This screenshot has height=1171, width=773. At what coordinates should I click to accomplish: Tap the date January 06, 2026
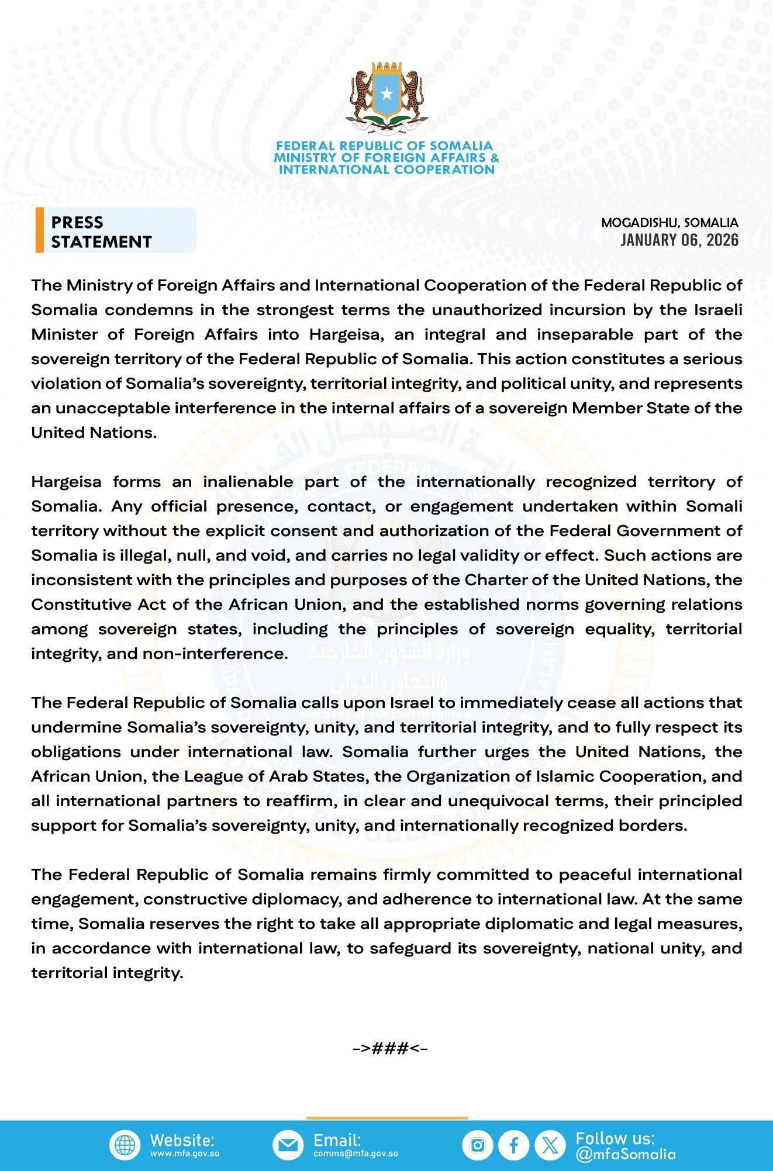[679, 240]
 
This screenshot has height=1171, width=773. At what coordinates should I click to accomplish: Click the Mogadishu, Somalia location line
[670, 223]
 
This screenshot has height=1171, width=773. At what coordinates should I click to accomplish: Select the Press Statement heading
[101, 232]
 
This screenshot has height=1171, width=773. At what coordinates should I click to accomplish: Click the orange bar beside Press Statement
[39, 230]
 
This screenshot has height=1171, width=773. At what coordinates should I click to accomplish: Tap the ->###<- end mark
[390, 1048]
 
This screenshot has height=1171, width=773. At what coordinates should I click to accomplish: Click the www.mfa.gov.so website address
[185, 1154]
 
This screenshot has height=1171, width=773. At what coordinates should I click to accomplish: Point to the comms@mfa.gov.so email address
[356, 1154]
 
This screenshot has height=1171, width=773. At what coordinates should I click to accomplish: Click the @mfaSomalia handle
[625, 1154]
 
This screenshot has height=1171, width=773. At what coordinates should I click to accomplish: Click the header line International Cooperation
[387, 170]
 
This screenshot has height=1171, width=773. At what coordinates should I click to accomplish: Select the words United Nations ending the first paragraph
[94, 433]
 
